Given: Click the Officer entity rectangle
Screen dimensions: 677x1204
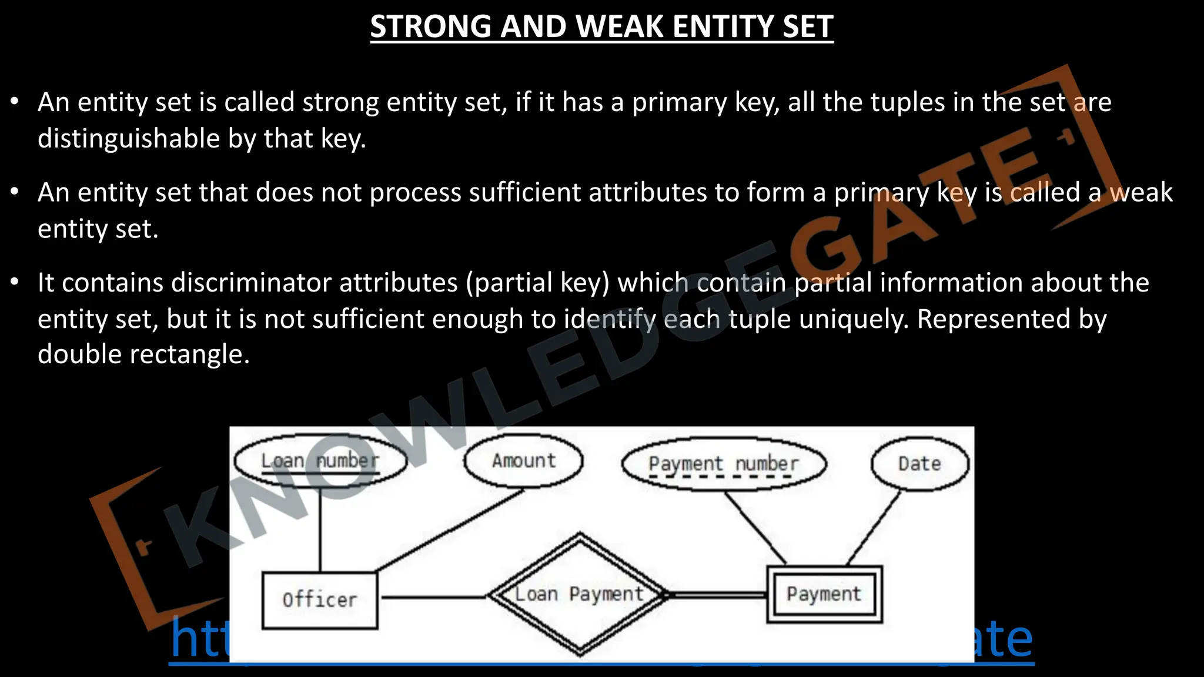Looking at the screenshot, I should click(320, 600).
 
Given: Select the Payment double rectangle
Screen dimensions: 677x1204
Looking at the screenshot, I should click(824, 594).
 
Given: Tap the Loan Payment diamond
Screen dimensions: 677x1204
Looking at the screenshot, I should click(580, 594).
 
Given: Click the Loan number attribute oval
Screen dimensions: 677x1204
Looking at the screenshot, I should click(320, 461).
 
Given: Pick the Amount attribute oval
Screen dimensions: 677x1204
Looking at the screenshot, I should click(523, 461).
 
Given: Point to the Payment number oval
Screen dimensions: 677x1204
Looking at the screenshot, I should click(724, 464).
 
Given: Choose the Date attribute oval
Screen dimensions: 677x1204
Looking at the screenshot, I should click(919, 464).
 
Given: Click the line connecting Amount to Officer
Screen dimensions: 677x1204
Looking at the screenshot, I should click(450, 531).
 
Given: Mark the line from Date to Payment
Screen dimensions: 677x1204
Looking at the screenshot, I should click(874, 527).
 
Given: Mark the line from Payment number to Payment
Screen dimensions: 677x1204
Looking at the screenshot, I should click(755, 527).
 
